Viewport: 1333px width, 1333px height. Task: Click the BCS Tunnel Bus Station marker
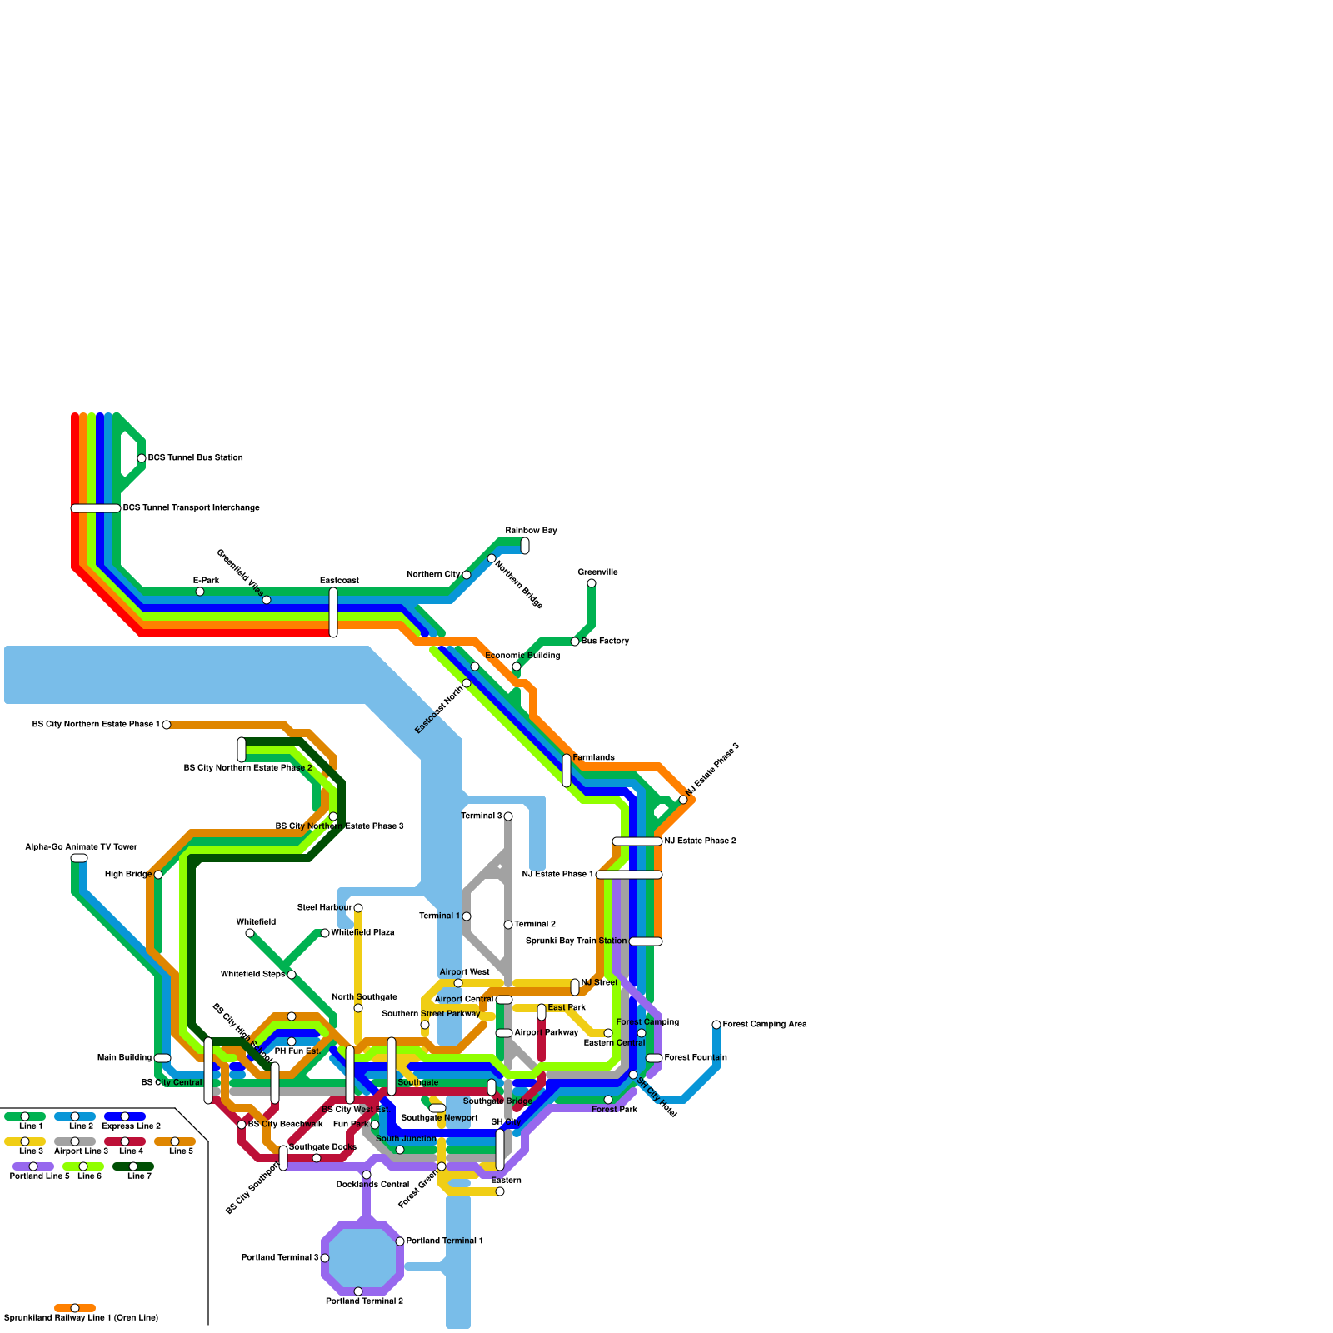pos(142,458)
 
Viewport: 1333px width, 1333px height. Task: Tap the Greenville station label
pos(597,572)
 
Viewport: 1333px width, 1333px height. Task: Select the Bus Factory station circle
pos(575,642)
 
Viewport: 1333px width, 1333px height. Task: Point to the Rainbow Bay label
pos(531,531)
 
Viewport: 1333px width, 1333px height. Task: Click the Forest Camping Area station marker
pos(716,1025)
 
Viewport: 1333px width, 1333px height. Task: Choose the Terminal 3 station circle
pos(508,816)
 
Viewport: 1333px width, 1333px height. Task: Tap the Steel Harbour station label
pos(324,907)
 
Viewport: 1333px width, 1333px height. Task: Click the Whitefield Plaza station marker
pos(325,933)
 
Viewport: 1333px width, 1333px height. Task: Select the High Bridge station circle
pos(158,875)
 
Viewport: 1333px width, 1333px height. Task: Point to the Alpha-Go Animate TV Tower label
pos(81,847)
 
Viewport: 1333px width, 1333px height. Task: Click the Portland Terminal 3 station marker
pos(325,1258)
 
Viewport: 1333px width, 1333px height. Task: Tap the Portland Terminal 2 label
pos(364,1301)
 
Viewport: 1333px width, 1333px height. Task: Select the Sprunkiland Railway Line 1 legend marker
pos(75,1308)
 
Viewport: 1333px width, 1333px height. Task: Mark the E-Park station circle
pos(200,592)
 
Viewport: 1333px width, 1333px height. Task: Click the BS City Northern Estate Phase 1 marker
pos(167,725)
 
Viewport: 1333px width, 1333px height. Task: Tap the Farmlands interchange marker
pos(567,770)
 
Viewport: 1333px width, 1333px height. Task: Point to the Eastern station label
pos(506,1181)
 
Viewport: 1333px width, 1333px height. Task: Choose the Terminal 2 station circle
pos(508,925)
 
